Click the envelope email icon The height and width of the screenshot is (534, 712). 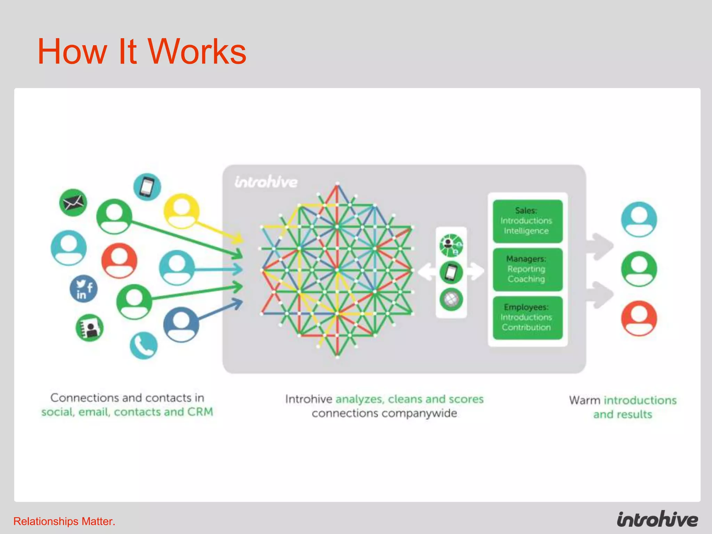(73, 203)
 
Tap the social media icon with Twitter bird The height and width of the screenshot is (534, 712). (83, 289)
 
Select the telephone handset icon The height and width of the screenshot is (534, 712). (144, 346)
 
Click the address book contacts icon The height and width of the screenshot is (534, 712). (90, 328)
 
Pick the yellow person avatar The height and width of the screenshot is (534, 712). (181, 211)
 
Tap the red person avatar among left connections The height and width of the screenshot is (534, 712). (119, 260)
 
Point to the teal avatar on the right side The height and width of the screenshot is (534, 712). (639, 219)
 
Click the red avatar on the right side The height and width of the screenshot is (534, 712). (639, 318)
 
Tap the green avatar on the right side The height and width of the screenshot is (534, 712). (639, 269)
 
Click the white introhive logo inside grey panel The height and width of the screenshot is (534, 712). (266, 182)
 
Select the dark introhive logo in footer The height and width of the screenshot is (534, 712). (657, 520)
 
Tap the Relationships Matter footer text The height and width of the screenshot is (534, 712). (64, 521)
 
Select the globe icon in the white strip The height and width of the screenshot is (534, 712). (451, 299)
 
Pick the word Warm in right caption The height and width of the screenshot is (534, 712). (584, 400)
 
